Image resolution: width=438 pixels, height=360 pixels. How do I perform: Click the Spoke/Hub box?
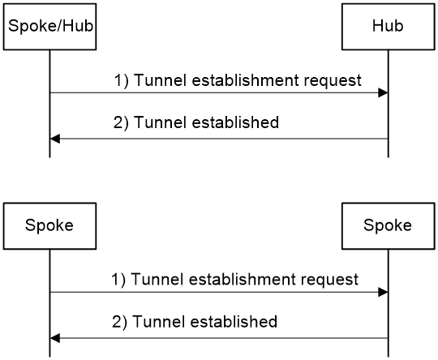(49, 27)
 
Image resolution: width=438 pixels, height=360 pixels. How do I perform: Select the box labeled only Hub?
(389, 27)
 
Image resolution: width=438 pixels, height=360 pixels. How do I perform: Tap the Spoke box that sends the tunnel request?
(49, 226)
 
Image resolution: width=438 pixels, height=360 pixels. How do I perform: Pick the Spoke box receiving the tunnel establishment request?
(389, 226)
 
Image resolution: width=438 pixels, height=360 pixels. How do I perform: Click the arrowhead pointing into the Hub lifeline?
(383, 92)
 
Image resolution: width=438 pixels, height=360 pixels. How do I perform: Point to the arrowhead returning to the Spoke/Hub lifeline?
(55, 139)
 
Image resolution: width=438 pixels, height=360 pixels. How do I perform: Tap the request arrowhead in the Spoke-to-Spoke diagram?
(383, 292)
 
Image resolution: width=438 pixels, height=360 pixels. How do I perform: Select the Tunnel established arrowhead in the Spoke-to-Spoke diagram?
(55, 338)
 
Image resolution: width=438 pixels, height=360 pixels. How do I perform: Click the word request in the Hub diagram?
(333, 81)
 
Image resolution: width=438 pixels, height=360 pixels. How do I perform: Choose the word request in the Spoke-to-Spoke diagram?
(329, 280)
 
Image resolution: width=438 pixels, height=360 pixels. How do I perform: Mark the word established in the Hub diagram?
(235, 122)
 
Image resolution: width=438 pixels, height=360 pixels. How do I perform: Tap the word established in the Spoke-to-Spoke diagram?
(234, 321)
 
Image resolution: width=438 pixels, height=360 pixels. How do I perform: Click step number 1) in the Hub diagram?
(122, 81)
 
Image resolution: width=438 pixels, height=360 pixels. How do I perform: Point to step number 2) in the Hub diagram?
(121, 122)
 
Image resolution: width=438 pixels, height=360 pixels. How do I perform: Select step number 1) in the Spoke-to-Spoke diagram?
(118, 280)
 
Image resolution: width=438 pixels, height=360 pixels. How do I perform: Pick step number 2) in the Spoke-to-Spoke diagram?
(119, 322)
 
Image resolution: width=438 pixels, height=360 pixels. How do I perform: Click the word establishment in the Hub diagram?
(246, 80)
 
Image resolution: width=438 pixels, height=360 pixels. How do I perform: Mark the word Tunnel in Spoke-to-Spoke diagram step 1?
(157, 279)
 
